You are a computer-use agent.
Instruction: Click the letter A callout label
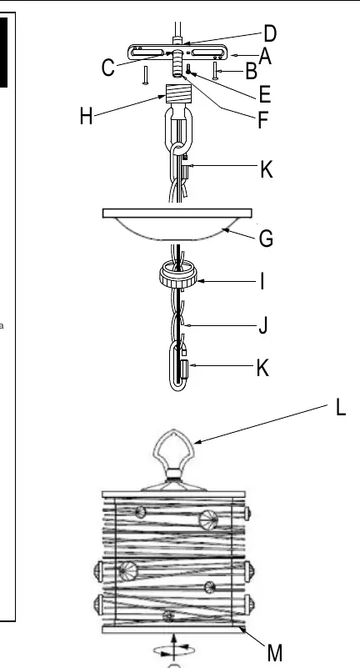tap(265, 57)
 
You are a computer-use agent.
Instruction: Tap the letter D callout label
tap(270, 33)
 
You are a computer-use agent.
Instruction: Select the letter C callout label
tap(108, 68)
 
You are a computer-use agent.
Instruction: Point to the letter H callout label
tap(86, 116)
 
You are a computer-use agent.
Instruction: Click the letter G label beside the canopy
tap(267, 239)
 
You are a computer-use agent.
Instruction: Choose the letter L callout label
tap(341, 407)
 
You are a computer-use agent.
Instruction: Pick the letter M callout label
tap(275, 653)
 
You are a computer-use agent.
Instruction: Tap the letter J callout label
tap(263, 326)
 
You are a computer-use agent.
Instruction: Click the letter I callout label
tap(262, 282)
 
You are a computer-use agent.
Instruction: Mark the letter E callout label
tap(265, 94)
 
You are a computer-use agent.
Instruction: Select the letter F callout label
tap(263, 121)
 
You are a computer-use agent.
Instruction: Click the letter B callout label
tap(252, 71)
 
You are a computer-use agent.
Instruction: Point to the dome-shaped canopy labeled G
tap(177, 224)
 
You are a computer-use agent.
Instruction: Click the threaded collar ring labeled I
tap(178, 276)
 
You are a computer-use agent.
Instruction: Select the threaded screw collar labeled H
tap(177, 95)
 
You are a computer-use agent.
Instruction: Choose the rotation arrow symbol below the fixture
tap(174, 649)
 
